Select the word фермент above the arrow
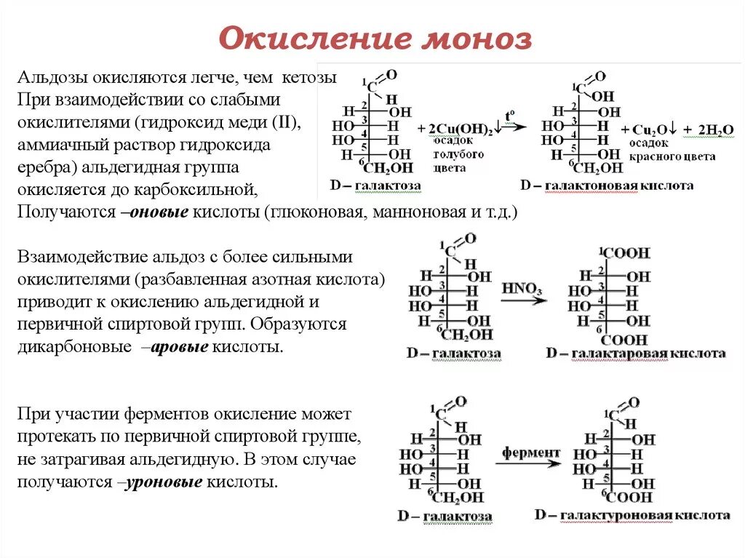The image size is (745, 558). click(x=530, y=453)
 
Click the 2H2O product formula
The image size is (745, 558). click(x=716, y=129)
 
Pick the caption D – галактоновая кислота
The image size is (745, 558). click(x=607, y=186)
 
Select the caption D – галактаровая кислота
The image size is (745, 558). click(x=636, y=354)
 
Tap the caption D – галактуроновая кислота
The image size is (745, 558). click(x=632, y=515)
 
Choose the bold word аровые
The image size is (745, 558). click(x=179, y=348)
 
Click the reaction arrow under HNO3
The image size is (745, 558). click(x=523, y=300)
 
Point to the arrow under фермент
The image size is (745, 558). click(x=530, y=464)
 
